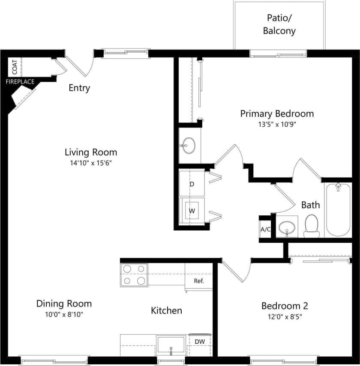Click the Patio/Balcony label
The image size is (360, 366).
[x=279, y=24]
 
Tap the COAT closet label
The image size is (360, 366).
[x=15, y=67]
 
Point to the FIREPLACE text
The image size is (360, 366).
[x=20, y=82]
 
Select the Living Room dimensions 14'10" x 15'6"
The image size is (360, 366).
[x=91, y=163]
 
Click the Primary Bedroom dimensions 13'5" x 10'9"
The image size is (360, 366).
[x=276, y=125]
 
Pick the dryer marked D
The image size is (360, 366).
[x=192, y=184]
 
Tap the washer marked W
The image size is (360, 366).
[x=192, y=211]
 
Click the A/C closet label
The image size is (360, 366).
[x=265, y=229]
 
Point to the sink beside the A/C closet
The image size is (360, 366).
[x=287, y=227]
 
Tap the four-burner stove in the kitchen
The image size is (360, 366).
[x=134, y=275]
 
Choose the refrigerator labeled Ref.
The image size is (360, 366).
[x=198, y=281]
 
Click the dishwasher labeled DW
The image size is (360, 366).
[x=199, y=342]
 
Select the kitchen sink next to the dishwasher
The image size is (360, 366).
[x=171, y=345]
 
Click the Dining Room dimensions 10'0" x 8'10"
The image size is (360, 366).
[x=64, y=315]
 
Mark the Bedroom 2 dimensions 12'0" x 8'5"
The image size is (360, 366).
[x=285, y=317]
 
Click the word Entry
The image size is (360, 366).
[x=79, y=88]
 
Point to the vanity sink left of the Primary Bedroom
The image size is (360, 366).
[x=188, y=146]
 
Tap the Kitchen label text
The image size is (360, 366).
[x=166, y=310]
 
